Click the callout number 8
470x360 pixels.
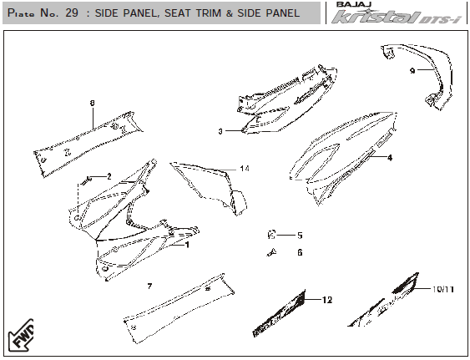coord(93,104)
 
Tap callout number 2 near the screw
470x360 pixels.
coord(109,176)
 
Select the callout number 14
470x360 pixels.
coord(245,169)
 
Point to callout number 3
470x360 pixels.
coord(220,131)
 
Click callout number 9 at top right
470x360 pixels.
coord(412,71)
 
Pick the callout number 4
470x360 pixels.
coord(390,158)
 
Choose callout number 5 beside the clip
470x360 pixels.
coord(300,236)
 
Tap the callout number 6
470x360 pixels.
coord(300,252)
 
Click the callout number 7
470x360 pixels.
coord(150,286)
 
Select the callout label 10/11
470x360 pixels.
coord(443,289)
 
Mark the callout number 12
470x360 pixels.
coord(327,300)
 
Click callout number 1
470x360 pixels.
coord(187,245)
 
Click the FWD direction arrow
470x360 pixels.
coord(21,336)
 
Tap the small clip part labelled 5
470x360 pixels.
coord(271,235)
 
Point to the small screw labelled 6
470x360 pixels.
coord(271,252)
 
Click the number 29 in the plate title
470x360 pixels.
coord(72,13)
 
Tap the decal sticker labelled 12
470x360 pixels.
coord(280,314)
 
